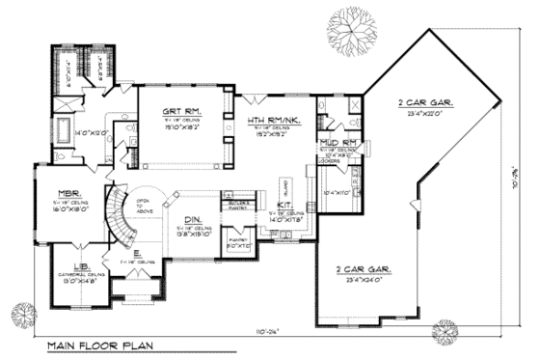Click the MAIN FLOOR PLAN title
click(99, 345)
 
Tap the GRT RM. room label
click(180, 113)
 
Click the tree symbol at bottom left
click(20, 315)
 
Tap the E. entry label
click(139, 254)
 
